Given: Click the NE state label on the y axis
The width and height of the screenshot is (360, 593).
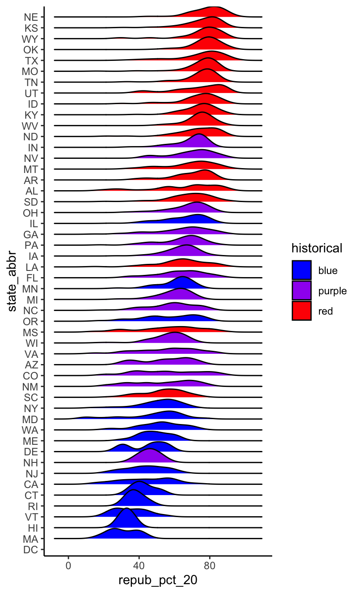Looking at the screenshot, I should pyautogui.click(x=31, y=17).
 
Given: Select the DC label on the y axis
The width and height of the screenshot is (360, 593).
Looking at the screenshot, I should pyautogui.click(x=31, y=550).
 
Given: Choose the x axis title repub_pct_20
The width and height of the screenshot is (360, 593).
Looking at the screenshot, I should pyautogui.click(x=157, y=581).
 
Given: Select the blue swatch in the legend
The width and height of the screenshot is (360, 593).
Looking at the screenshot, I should pyautogui.click(x=301, y=270).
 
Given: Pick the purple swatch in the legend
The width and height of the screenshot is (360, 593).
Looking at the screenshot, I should pyautogui.click(x=301, y=290).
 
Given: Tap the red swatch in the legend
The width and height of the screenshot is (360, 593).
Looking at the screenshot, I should pyautogui.click(x=301, y=311).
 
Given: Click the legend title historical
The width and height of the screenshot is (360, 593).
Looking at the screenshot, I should pyautogui.click(x=316, y=248).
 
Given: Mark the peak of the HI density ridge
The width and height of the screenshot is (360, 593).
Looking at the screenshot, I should pyautogui.click(x=127, y=509).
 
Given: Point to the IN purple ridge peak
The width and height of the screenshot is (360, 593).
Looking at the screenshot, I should pyautogui.click(x=199, y=134).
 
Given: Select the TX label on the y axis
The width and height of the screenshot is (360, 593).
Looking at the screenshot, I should pyautogui.click(x=31, y=60).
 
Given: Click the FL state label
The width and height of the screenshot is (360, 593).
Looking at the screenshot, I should pyautogui.click(x=32, y=278).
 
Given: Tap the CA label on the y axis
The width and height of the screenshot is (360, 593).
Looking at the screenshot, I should pyautogui.click(x=31, y=484).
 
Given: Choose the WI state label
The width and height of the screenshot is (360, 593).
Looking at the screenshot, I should pyautogui.click(x=32, y=343).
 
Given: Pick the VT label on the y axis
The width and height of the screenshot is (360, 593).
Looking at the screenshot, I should pyautogui.click(x=32, y=517).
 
